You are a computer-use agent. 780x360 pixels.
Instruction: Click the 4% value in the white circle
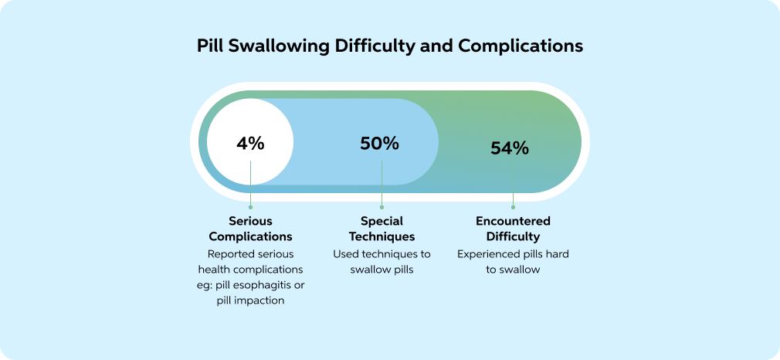point(250,144)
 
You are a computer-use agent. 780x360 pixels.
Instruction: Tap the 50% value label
point(379,144)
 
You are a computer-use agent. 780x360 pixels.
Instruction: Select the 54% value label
point(510,148)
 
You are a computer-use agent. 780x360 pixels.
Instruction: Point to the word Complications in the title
point(521,46)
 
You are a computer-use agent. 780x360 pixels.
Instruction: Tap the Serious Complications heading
point(250,228)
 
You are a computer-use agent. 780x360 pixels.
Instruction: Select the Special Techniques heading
point(382,228)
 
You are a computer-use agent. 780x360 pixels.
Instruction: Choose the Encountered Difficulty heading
point(513,228)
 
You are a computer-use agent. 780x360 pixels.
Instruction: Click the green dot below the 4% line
point(250,207)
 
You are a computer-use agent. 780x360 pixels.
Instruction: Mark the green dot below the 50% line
point(382,207)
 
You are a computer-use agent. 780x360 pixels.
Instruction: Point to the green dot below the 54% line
point(513,207)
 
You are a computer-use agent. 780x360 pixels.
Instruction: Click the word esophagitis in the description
point(266,286)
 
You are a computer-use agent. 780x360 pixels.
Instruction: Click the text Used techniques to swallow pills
point(382,262)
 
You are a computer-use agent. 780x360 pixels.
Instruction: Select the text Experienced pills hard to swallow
point(513,262)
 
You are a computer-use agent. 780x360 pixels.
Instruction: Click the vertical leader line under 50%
point(382,183)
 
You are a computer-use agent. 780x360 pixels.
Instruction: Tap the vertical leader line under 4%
point(250,183)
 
